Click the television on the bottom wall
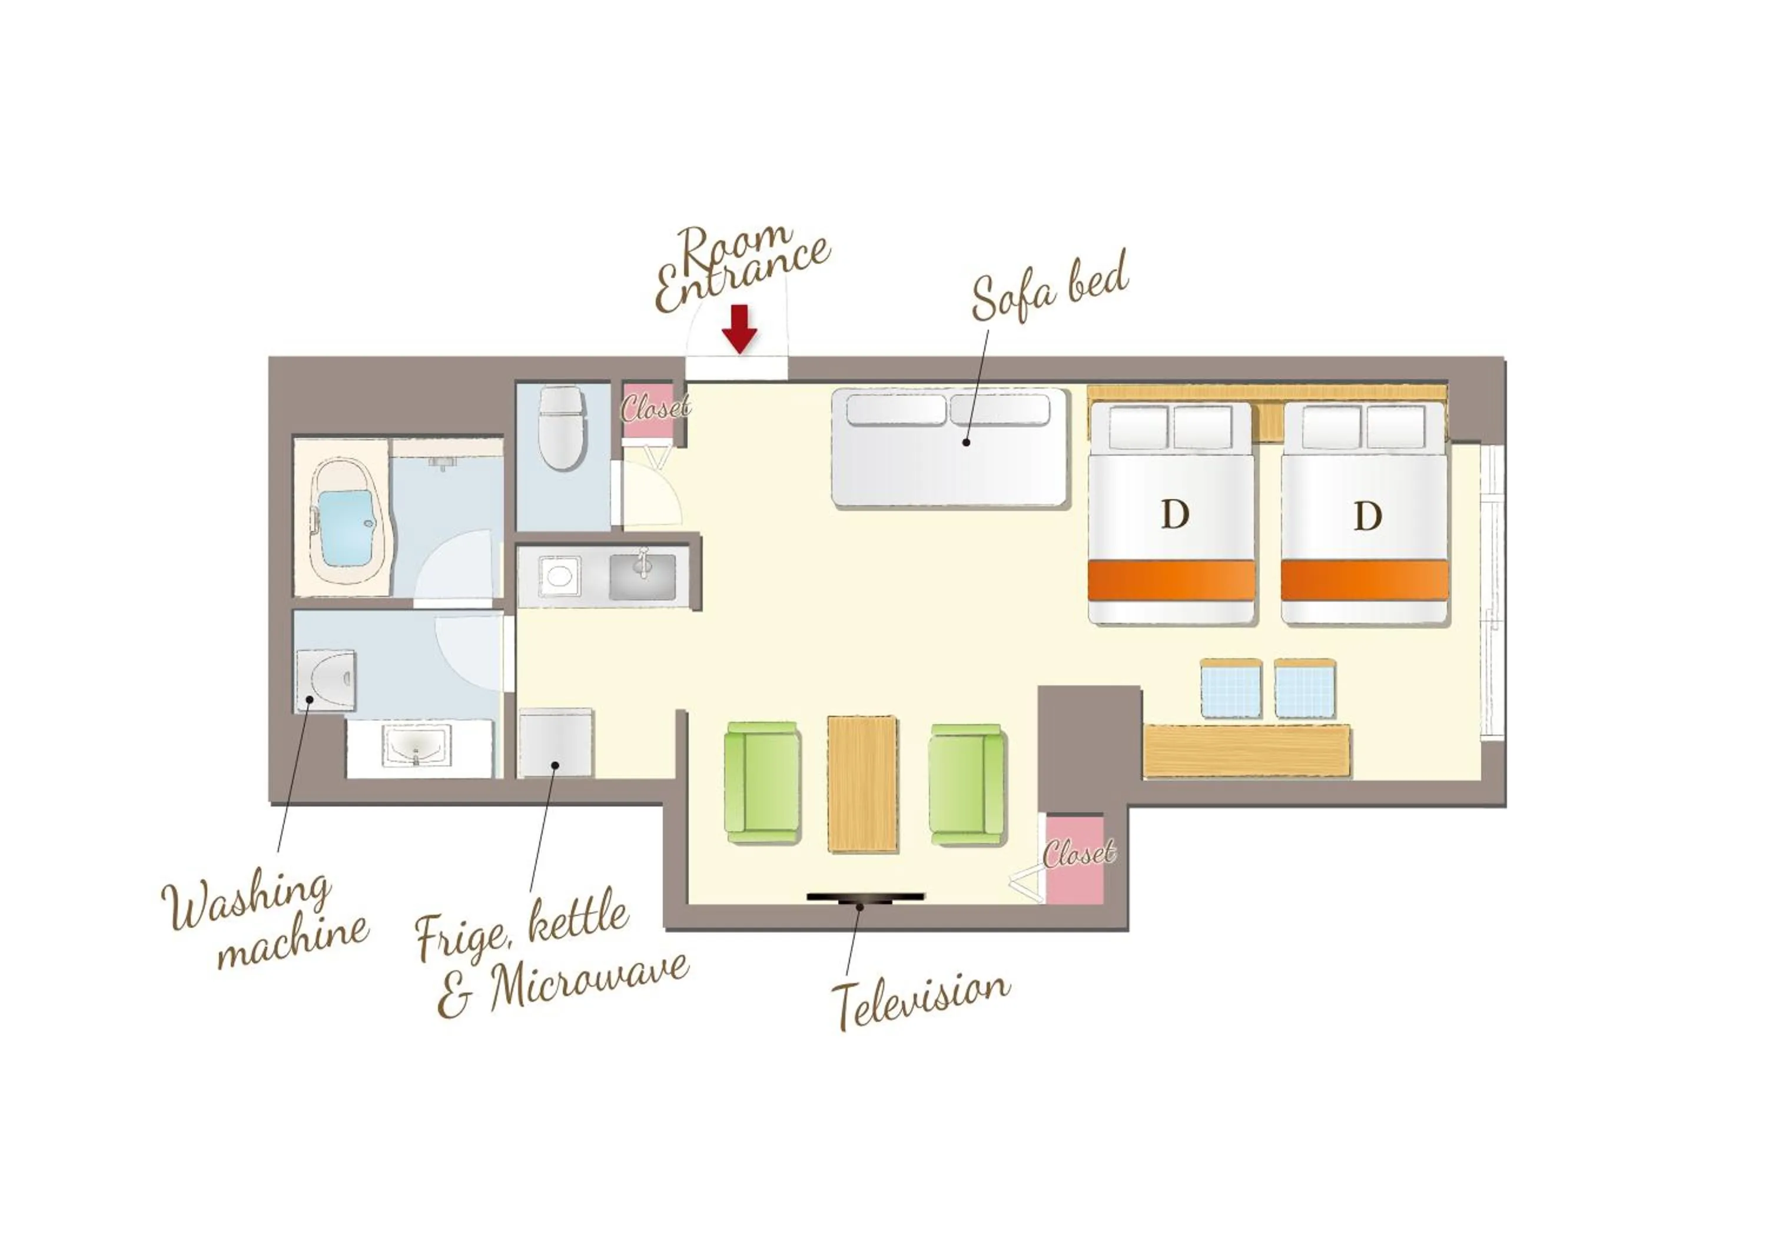(865, 897)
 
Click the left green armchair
(762, 781)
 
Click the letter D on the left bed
(1174, 515)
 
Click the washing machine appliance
(326, 681)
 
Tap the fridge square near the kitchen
(555, 743)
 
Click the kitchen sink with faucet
(642, 576)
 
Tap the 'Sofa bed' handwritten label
(1050, 288)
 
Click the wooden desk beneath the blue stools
(1246, 750)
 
